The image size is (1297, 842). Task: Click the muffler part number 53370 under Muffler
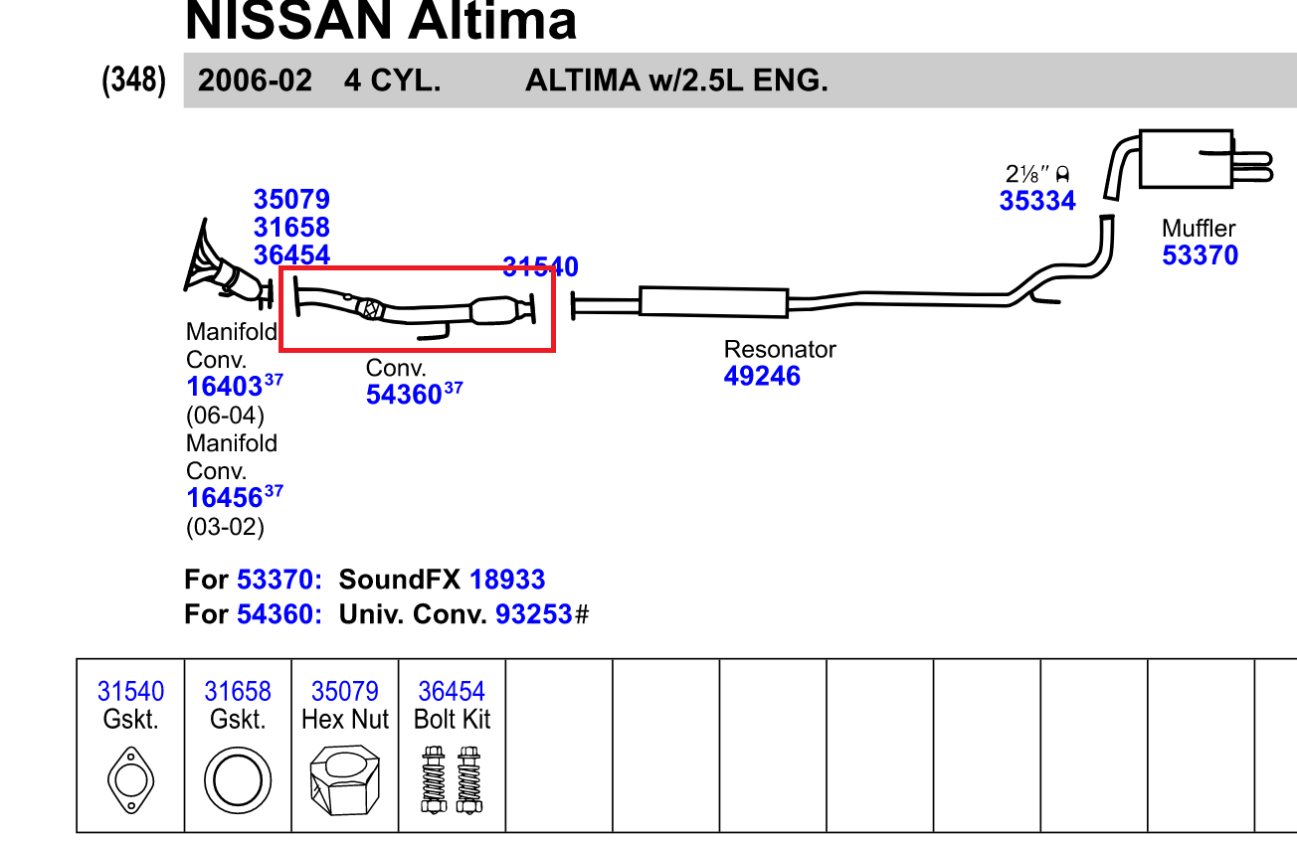click(x=1200, y=255)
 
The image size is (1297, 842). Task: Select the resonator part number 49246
click(x=762, y=376)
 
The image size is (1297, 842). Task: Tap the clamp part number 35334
click(x=1037, y=201)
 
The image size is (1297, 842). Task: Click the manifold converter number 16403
click(x=224, y=387)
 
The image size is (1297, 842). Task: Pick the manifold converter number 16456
click(x=224, y=497)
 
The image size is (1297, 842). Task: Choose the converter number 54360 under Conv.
click(x=403, y=395)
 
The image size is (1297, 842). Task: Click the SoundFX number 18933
click(x=507, y=580)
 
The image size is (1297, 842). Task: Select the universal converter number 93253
click(x=534, y=614)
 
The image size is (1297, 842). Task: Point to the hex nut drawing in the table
click(x=344, y=781)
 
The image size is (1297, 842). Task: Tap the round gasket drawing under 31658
click(x=238, y=778)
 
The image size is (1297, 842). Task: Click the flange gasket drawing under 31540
click(x=130, y=780)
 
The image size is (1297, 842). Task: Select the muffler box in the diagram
click(x=1186, y=158)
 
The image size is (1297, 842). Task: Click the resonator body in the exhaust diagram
click(x=713, y=301)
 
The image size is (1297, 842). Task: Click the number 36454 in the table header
click(x=452, y=691)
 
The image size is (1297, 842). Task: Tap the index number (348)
click(x=133, y=81)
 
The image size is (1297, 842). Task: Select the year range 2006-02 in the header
click(x=255, y=81)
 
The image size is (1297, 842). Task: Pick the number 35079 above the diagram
click(x=291, y=200)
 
